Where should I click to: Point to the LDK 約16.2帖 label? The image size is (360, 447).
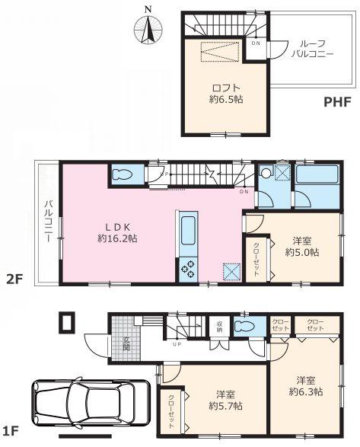click(x=116, y=232)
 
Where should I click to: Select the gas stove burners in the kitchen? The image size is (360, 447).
click(x=186, y=269)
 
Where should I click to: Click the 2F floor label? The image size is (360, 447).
click(x=16, y=279)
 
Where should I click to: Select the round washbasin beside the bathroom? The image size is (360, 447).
click(x=266, y=174)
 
